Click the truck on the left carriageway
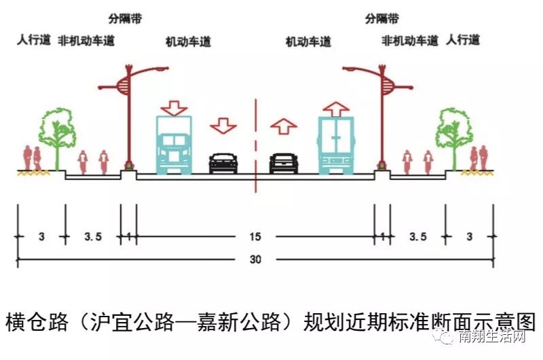[x=174, y=143]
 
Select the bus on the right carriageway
[x=336, y=143]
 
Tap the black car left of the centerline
[x=223, y=162]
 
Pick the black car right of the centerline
[x=284, y=162]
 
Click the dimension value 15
[x=255, y=236]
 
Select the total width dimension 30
[x=255, y=259]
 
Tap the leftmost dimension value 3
[x=41, y=236]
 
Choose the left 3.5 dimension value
[x=93, y=236]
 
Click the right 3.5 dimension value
[x=418, y=236]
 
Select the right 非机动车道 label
[x=410, y=40]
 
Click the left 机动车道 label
[x=188, y=42]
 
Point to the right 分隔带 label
[x=382, y=18]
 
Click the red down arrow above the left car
[x=223, y=126]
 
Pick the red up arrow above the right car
[x=284, y=126]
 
